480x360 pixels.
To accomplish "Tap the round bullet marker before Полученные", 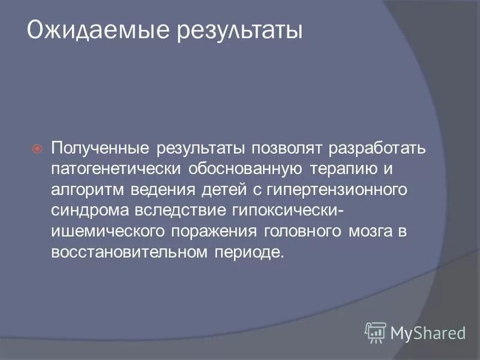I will tap(37, 148).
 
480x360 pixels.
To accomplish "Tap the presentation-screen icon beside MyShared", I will tap(376, 332).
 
